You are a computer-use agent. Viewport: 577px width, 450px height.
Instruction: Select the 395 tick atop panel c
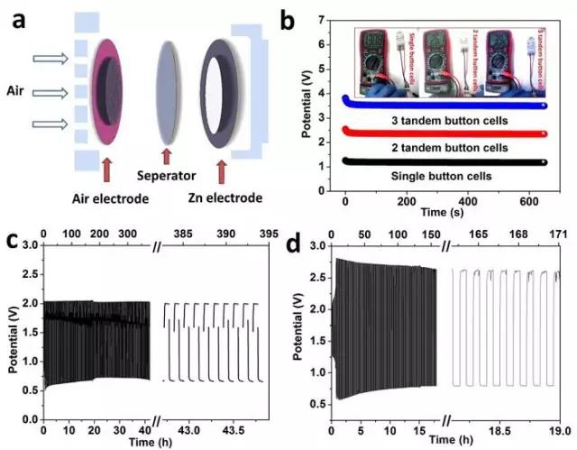(x=268, y=234)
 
